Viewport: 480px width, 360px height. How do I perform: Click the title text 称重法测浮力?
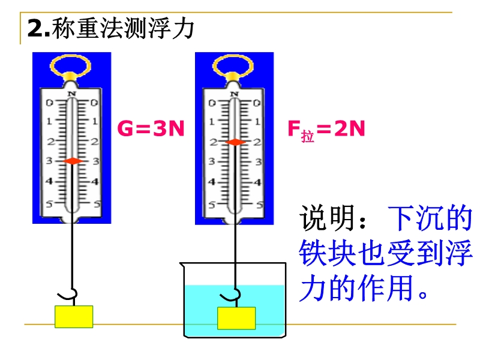tap(123, 28)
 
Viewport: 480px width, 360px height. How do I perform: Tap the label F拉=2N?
tap(326, 130)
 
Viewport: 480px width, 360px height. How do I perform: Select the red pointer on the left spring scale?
tap(72, 161)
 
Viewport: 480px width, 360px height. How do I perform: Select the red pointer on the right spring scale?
tap(235, 142)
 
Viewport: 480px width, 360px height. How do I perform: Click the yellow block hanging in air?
tap(74, 316)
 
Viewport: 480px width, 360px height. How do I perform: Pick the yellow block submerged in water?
tap(236, 318)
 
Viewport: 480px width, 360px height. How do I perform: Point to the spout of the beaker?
tap(185, 263)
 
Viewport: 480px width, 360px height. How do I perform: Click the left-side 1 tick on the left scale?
tap(49, 122)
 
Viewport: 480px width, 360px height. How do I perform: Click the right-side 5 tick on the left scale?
tap(95, 204)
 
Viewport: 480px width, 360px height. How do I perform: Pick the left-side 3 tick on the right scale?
tap(212, 162)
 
